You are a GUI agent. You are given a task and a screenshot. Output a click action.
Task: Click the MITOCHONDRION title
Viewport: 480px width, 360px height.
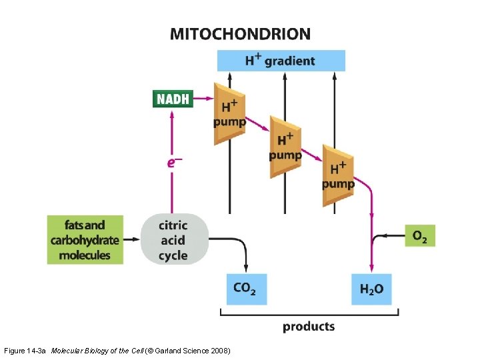point(240,34)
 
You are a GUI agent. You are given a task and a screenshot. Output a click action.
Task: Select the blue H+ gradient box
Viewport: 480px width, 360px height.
point(281,61)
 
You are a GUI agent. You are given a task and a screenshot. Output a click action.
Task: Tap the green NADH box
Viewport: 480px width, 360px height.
point(173,99)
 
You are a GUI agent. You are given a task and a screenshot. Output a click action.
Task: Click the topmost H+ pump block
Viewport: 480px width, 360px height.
point(229,113)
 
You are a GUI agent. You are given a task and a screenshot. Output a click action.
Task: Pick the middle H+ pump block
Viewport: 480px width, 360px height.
point(285,147)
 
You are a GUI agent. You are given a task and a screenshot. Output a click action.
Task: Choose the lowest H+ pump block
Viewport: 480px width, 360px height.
point(337,175)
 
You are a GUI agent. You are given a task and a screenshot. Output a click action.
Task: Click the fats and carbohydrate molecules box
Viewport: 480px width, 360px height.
point(85,240)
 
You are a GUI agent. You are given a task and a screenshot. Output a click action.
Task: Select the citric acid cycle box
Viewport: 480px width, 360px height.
point(173,240)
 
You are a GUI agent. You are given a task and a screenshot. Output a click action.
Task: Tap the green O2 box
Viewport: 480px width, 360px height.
point(419,235)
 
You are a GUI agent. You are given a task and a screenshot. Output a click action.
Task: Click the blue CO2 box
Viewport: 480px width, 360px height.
point(246,289)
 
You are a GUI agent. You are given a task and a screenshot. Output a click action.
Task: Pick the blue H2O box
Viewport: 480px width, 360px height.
point(371,289)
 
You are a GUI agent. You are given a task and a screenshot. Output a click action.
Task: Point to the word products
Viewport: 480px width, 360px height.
point(309,327)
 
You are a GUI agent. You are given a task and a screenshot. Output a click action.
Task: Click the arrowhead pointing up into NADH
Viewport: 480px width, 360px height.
point(173,115)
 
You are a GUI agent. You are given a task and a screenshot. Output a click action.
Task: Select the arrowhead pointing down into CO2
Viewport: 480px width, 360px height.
point(246,268)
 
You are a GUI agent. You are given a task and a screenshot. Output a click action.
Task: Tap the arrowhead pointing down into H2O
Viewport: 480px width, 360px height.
point(371,268)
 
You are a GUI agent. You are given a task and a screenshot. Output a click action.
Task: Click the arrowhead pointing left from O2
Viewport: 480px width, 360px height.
point(377,235)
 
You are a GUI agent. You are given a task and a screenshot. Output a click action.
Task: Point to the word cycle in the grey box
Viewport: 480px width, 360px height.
point(173,255)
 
